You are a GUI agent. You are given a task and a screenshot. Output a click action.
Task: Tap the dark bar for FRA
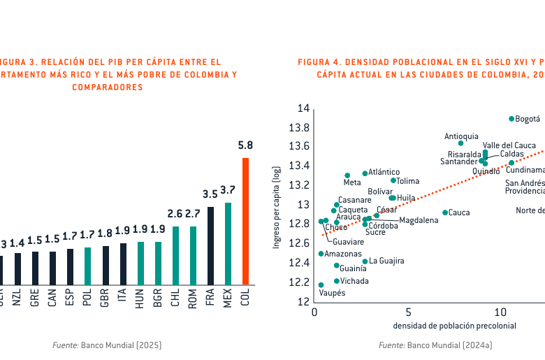click(211, 245)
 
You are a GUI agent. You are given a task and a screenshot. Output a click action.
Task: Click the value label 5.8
click(245, 145)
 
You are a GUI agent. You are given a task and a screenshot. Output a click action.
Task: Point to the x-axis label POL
click(87, 300)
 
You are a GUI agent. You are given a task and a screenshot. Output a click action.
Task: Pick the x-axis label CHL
click(175, 300)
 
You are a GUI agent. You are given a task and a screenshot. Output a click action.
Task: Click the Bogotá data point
click(511, 119)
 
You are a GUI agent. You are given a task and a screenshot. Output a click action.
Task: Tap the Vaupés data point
click(321, 285)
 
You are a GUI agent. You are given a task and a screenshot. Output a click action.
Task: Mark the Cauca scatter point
click(445, 213)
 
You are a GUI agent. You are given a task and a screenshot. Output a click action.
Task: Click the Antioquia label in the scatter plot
click(461, 136)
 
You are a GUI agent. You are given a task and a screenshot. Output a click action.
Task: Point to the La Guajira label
click(386, 261)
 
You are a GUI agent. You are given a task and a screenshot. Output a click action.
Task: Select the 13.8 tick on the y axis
click(302, 127)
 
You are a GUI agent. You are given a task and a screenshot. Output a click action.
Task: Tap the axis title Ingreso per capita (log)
click(277, 206)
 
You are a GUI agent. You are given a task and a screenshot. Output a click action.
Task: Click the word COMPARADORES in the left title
click(108, 87)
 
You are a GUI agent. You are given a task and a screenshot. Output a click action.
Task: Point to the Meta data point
click(347, 175)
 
